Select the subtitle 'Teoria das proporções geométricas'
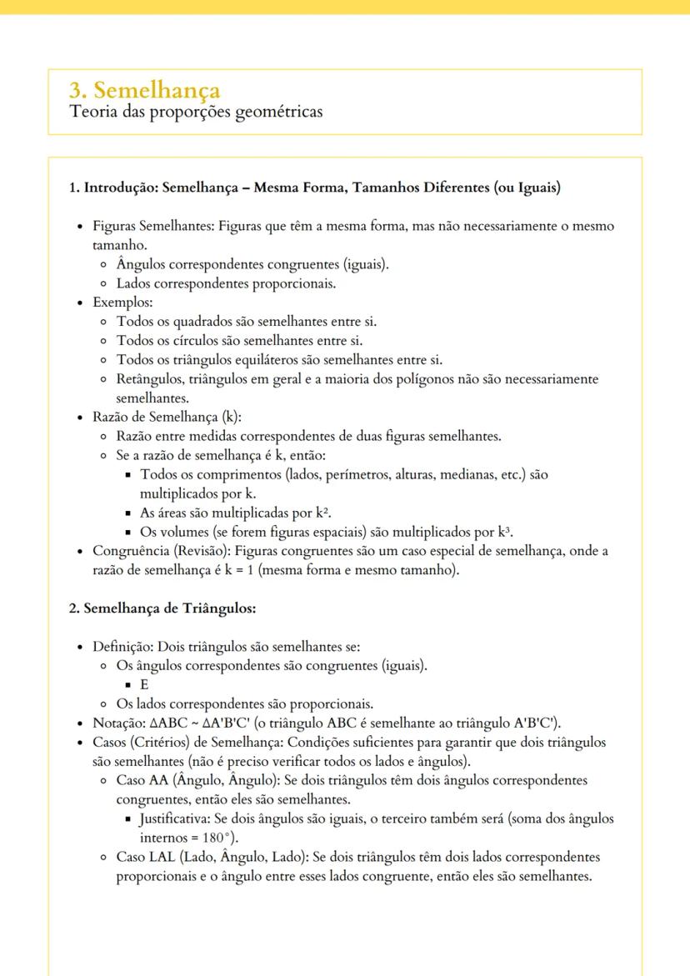pyautogui.click(x=196, y=111)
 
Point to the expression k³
pyautogui.click(x=504, y=532)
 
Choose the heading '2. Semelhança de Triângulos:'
pyautogui.click(x=162, y=608)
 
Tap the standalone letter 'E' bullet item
pyautogui.click(x=144, y=684)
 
